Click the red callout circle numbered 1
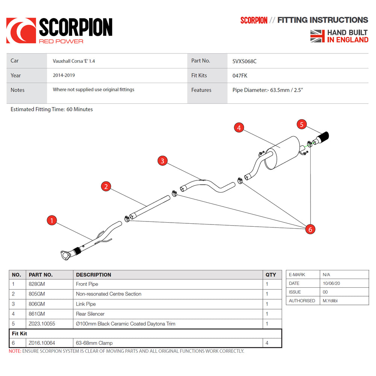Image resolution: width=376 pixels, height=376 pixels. click(x=52, y=220)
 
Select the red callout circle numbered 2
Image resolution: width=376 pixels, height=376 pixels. click(x=106, y=186)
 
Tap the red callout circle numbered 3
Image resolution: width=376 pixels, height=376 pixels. click(x=162, y=161)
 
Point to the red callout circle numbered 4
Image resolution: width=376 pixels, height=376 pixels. click(x=238, y=128)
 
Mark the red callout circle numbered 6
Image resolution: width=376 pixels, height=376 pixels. click(x=310, y=229)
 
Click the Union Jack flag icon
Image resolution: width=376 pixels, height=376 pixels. click(x=317, y=36)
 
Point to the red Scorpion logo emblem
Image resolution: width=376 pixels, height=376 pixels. click(x=21, y=30)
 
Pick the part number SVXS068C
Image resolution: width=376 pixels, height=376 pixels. click(x=244, y=61)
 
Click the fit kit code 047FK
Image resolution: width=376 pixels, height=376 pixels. click(x=240, y=76)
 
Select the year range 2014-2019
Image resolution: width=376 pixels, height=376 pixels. click(x=64, y=75)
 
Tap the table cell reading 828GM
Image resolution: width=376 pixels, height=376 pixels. click(x=37, y=284)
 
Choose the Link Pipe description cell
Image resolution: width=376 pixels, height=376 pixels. click(x=86, y=304)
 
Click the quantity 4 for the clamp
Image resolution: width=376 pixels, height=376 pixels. click(x=267, y=343)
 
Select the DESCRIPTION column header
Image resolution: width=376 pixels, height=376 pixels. click(x=94, y=275)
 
